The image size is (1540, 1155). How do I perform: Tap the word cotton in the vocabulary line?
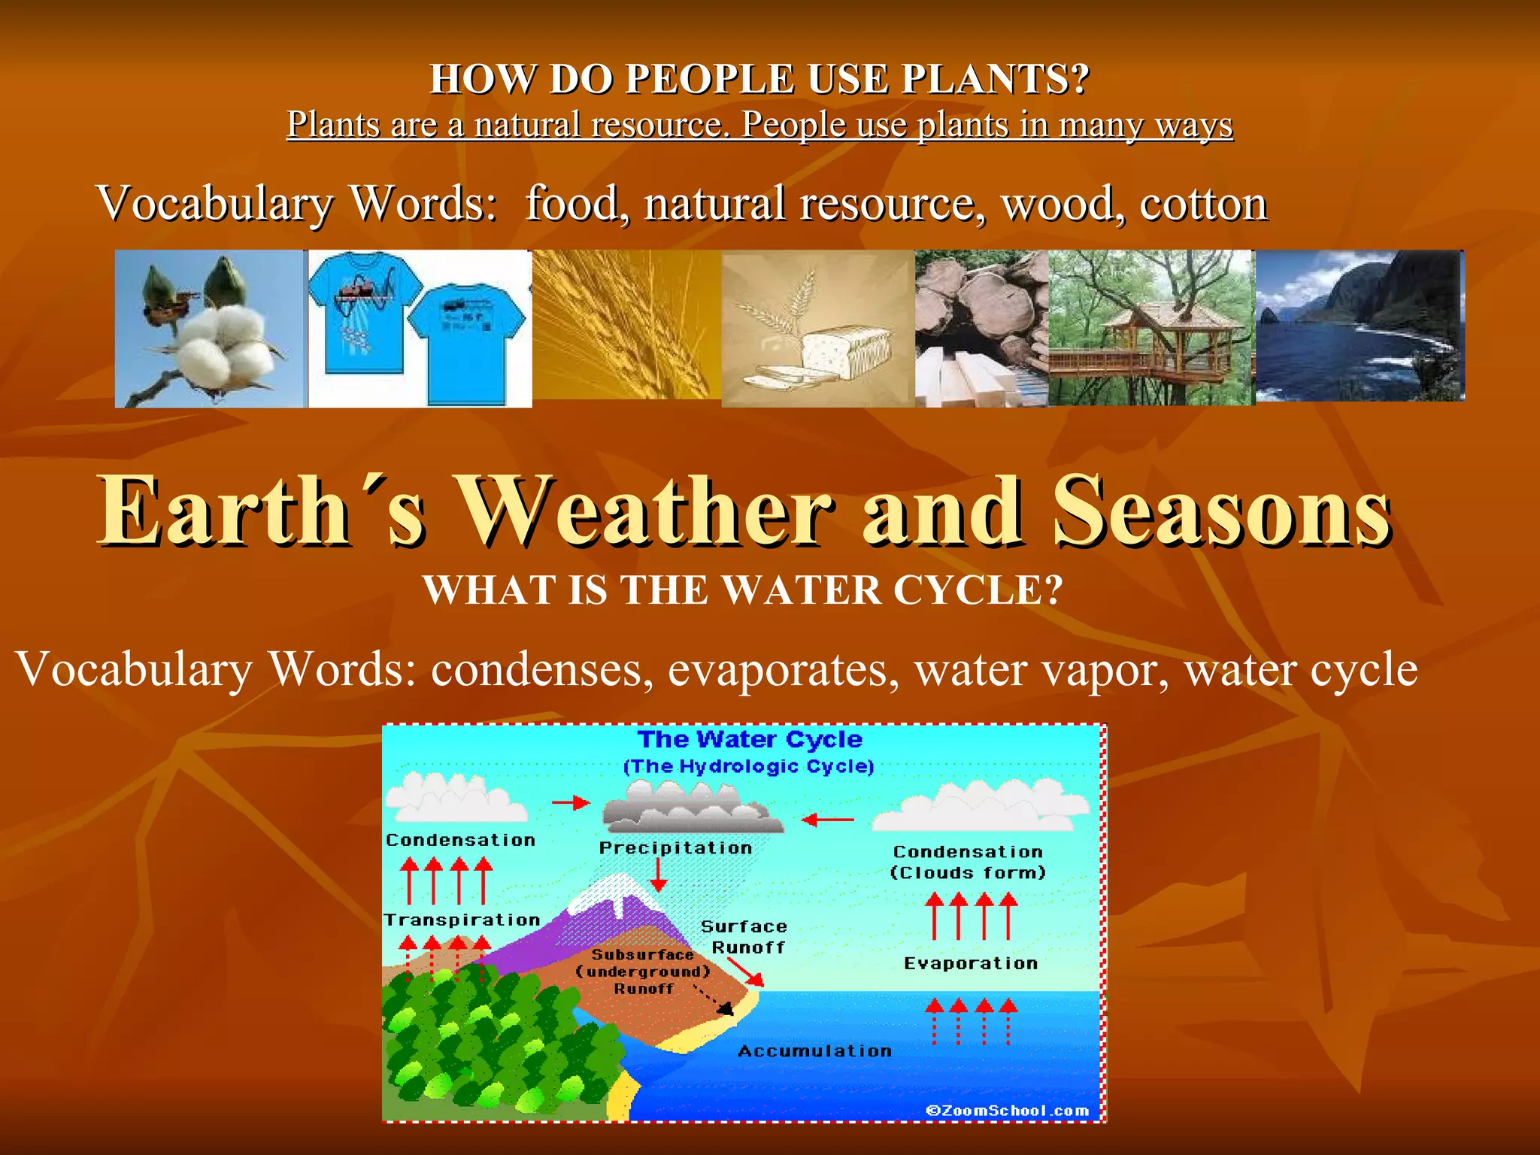(1203, 204)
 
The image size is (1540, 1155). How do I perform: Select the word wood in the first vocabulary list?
(1056, 204)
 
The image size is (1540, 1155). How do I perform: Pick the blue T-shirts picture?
(419, 329)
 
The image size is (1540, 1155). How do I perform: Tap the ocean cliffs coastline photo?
(1360, 326)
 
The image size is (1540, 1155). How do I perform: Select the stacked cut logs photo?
(981, 329)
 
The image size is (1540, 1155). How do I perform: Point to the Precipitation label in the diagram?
(675, 848)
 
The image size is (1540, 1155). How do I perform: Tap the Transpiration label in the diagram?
(462, 920)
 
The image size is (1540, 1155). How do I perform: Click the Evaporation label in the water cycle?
(970, 964)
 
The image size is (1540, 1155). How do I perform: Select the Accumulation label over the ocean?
(814, 1051)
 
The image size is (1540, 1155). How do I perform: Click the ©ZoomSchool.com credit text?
(1007, 1111)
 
